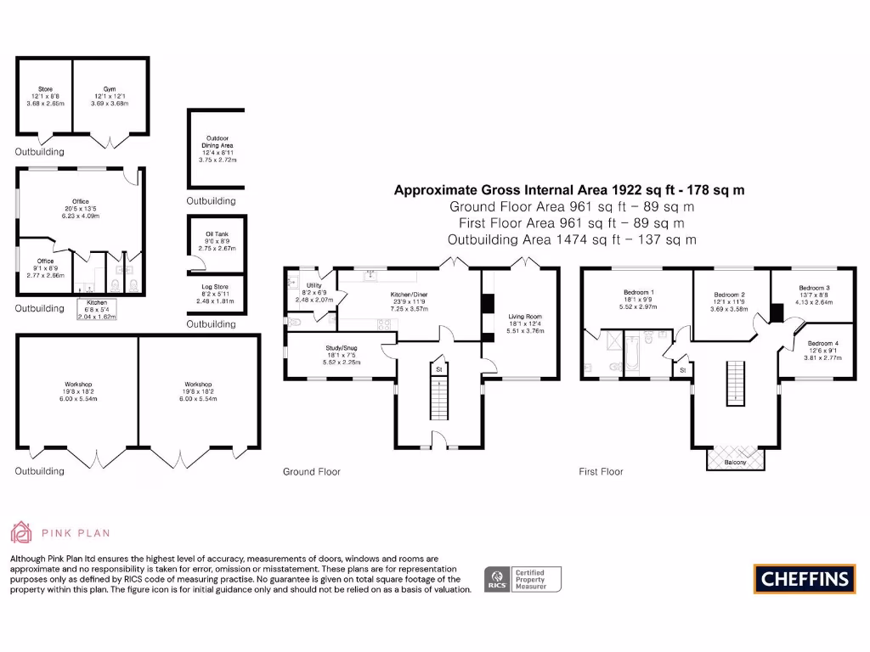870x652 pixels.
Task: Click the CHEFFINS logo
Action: click(x=804, y=579)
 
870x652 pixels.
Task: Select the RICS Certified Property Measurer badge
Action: click(x=522, y=580)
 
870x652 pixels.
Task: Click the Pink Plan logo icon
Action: click(x=21, y=532)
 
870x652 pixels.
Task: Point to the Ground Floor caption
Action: click(x=311, y=471)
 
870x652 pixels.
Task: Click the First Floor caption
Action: click(x=601, y=471)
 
